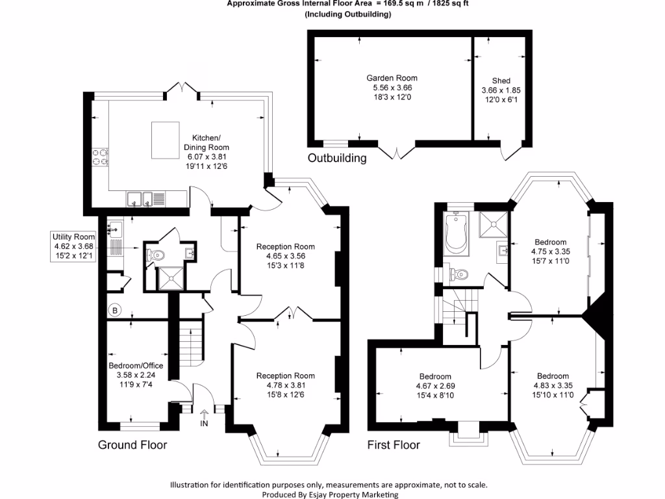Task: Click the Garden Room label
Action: tap(392, 78)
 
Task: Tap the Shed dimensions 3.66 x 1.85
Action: tap(501, 90)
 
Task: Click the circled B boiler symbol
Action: tap(115, 310)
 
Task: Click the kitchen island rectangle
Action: tap(165, 140)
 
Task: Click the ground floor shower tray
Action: tap(171, 277)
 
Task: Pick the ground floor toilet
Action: tap(156, 255)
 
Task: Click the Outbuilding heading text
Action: tap(337, 158)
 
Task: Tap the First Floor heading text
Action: tap(394, 445)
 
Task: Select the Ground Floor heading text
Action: tap(132, 445)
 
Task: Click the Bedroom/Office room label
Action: tap(136, 366)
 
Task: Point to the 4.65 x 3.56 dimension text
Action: tap(286, 256)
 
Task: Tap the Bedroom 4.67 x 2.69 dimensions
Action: tap(435, 387)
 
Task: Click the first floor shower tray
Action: tap(494, 225)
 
